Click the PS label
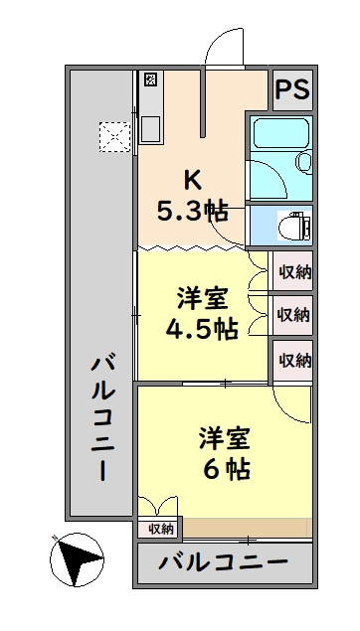pyautogui.click(x=291, y=90)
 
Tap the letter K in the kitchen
pyautogui.click(x=192, y=180)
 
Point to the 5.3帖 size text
pyautogui.click(x=192, y=210)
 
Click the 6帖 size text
pyautogui.click(x=228, y=468)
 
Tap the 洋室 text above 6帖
pyautogui.click(x=228, y=436)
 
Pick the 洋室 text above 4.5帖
pyautogui.click(x=202, y=297)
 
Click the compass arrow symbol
pyautogui.click(x=75, y=558)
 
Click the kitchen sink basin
pyautogui.click(x=151, y=129)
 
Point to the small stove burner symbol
pyautogui.click(x=150, y=79)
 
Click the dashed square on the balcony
pyautogui.click(x=114, y=137)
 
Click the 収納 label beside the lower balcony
pyautogui.click(x=161, y=529)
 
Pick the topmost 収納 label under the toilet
pyautogui.click(x=293, y=270)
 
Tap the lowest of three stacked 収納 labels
pyautogui.click(x=293, y=360)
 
